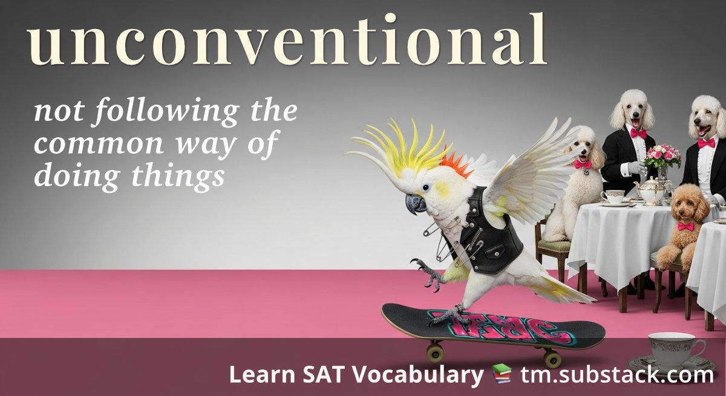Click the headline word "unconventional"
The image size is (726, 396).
tap(287, 41)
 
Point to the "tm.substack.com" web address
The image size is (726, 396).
tap(617, 375)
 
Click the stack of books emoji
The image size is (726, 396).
tap(501, 375)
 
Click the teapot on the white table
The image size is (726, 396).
tap(650, 190)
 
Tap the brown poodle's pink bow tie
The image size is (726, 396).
tap(685, 226)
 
